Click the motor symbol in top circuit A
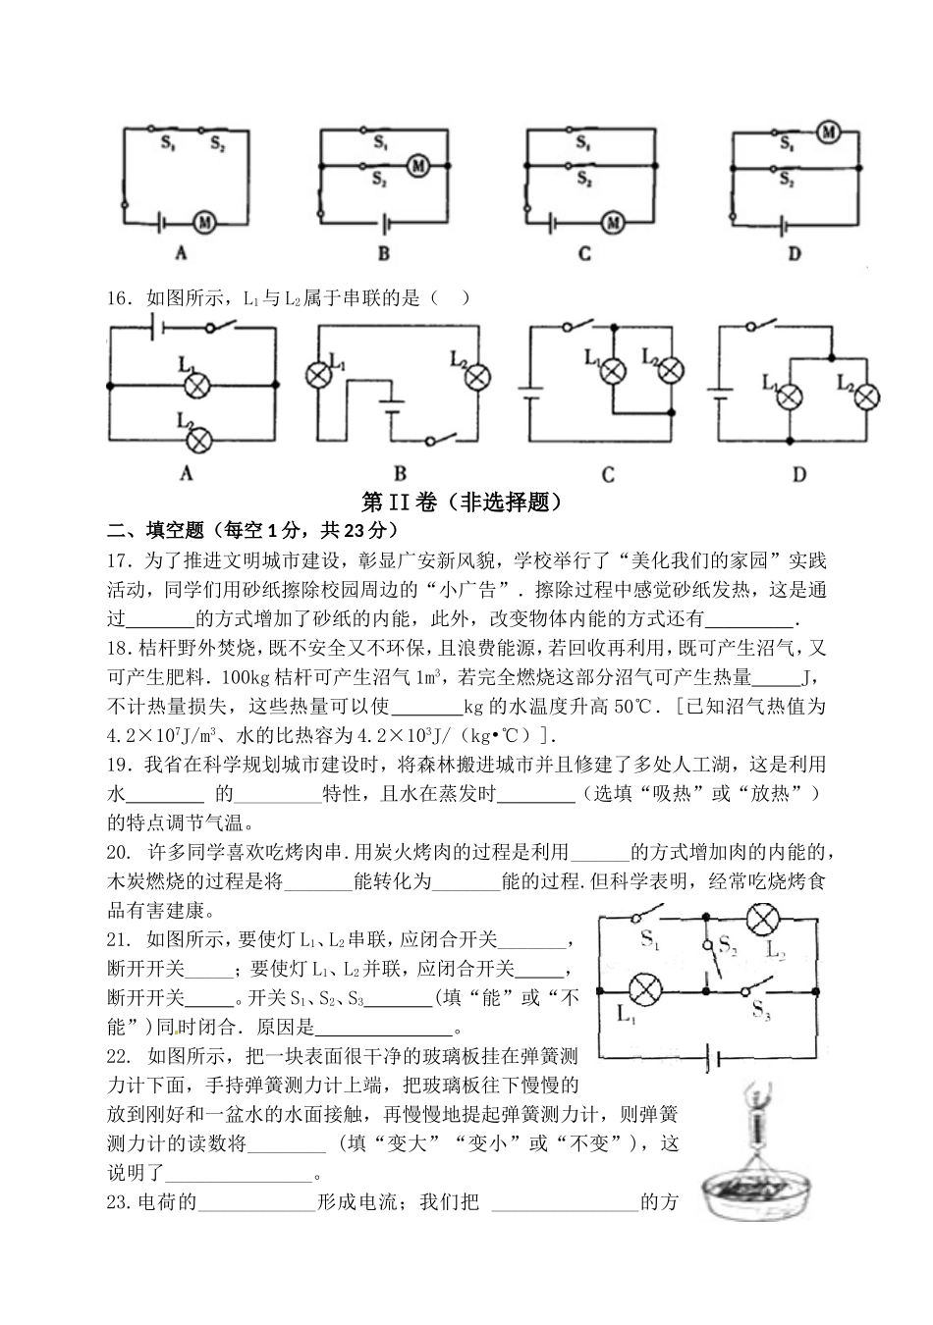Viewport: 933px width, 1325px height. click(x=204, y=223)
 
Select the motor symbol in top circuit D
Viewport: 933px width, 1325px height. click(x=828, y=132)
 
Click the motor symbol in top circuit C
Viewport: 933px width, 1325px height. click(x=614, y=223)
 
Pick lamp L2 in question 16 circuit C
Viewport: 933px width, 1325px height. click(x=671, y=369)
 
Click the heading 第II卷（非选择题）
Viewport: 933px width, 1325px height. click(x=466, y=503)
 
